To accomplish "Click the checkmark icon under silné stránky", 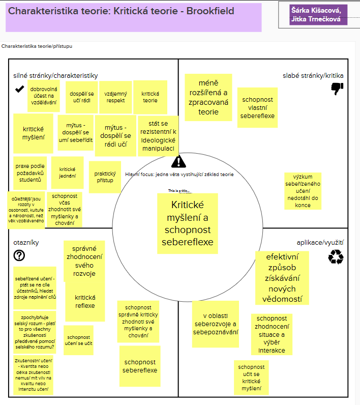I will pyautogui.click(x=20, y=89).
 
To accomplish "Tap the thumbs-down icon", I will pyautogui.click(x=337, y=89).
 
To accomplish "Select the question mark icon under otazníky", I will pyautogui.click(x=20, y=255).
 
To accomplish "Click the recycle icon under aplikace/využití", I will pyautogui.click(x=336, y=258).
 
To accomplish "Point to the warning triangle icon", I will pyautogui.click(x=179, y=162).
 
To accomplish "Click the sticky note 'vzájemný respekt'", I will pyautogui.click(x=116, y=97).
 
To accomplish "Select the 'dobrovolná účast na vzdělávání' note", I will pyautogui.click(x=43, y=96).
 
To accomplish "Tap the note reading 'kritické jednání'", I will pyautogui.click(x=68, y=172).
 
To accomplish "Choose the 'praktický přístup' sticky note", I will pyautogui.click(x=105, y=177).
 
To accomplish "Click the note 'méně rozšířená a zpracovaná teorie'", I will pyautogui.click(x=208, y=97).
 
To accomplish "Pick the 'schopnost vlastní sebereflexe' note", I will pyautogui.click(x=257, y=107).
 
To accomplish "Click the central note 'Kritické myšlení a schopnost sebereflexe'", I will pyautogui.click(x=188, y=223).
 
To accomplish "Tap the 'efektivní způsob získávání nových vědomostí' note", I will pyautogui.click(x=282, y=277).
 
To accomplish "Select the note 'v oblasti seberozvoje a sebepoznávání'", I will pyautogui.click(x=215, y=325).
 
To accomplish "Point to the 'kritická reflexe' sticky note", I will pyautogui.click(x=85, y=302).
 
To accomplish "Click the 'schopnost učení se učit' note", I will pyautogui.click(x=78, y=340).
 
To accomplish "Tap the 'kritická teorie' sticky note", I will pyautogui.click(x=149, y=97).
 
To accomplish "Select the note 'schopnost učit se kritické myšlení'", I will pyautogui.click(x=251, y=378).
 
